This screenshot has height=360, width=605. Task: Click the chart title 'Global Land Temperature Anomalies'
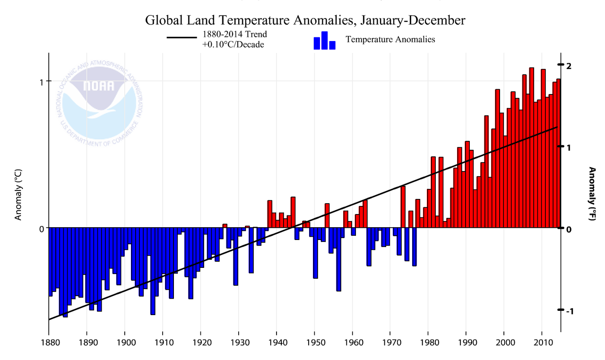(305, 20)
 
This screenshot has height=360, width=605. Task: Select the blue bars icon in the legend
(324, 41)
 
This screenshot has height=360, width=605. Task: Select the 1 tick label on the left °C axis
(42, 81)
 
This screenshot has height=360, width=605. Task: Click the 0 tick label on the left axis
(42, 228)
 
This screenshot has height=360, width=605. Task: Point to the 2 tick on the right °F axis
(569, 65)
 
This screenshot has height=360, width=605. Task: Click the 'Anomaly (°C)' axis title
(18, 196)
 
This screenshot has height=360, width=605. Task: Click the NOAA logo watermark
(99, 102)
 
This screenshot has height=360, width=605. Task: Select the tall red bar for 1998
(497, 158)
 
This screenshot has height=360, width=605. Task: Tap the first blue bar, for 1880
(51, 262)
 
